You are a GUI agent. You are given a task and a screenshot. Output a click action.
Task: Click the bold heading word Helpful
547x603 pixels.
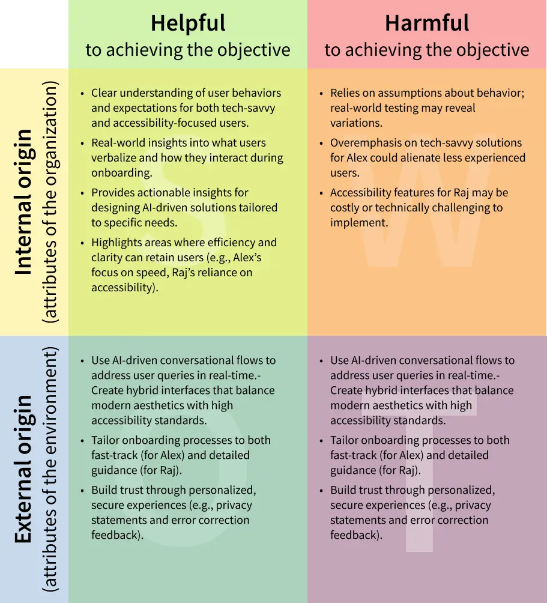tap(188, 23)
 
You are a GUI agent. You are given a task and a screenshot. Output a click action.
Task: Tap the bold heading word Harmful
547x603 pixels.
tap(427, 23)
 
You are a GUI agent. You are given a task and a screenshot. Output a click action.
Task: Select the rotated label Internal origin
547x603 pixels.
tap(23, 202)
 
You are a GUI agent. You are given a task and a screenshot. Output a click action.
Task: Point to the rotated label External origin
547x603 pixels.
tap(23, 468)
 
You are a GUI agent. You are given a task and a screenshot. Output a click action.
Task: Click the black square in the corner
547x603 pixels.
tap(34, 34)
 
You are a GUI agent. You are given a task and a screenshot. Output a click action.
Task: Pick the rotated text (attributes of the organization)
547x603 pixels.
tap(50, 202)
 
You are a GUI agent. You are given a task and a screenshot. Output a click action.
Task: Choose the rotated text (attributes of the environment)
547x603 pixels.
tap(50, 468)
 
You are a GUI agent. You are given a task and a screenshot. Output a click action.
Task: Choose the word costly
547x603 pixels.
tap(345, 208)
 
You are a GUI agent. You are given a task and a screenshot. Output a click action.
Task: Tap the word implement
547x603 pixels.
tap(359, 223)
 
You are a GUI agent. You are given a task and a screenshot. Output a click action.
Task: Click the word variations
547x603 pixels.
tap(356, 123)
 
